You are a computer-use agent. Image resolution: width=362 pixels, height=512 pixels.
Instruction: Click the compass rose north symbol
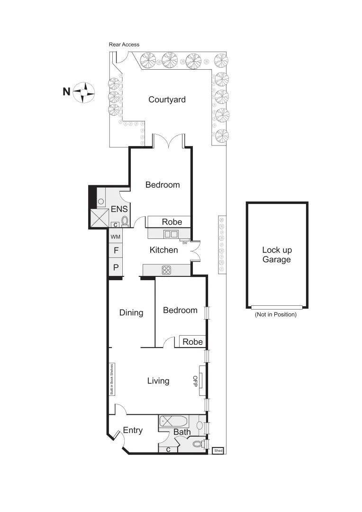point(83,92)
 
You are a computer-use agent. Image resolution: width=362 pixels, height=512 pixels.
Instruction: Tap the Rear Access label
point(124,45)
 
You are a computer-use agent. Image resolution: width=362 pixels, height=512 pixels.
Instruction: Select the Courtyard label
point(167,100)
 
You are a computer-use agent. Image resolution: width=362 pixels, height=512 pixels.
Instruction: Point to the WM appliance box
point(116,236)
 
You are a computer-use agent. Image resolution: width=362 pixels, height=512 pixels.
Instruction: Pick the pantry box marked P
point(116,267)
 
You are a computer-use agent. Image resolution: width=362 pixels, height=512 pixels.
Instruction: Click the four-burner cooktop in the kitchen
point(167,270)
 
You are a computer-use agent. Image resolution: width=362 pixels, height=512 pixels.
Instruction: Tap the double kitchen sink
point(171,234)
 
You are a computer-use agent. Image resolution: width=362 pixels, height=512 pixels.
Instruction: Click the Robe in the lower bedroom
point(193,342)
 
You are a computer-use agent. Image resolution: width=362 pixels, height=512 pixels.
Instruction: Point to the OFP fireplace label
point(195,380)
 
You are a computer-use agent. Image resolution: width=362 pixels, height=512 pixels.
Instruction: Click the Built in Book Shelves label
point(112,380)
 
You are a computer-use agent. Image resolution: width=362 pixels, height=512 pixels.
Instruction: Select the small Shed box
point(218,450)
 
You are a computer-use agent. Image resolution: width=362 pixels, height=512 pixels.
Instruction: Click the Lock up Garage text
point(277,255)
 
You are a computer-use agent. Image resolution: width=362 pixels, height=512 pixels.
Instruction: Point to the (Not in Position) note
point(276,314)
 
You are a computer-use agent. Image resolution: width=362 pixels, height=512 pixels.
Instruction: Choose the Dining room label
point(131,312)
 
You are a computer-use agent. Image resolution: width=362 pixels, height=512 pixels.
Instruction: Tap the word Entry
point(133,430)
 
